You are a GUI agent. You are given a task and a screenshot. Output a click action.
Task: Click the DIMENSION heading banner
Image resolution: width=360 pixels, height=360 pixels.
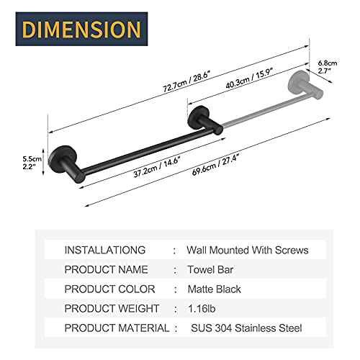81,29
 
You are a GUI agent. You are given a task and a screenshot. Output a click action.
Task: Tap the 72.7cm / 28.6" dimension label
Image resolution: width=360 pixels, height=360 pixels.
187,81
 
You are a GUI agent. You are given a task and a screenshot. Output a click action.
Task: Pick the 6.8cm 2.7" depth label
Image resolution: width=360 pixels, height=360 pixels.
328,67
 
